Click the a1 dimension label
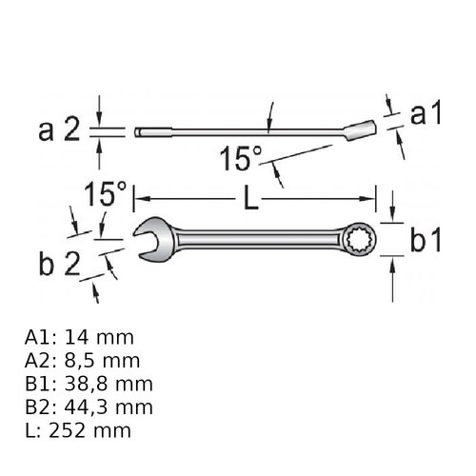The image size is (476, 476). pyautogui.click(x=426, y=114)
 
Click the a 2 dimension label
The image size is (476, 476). pyautogui.click(x=59, y=130)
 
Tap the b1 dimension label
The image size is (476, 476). pyautogui.click(x=426, y=241)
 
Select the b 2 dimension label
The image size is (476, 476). pyautogui.click(x=59, y=264)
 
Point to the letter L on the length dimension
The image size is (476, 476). pyautogui.click(x=251, y=199)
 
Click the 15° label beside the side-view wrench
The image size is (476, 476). pyautogui.click(x=241, y=158)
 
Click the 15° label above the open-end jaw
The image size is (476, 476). pyautogui.click(x=106, y=193)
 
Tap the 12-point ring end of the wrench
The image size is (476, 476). pyautogui.click(x=360, y=239)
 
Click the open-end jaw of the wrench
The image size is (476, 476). pyautogui.click(x=155, y=240)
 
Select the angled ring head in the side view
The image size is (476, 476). pyautogui.click(x=360, y=129)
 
